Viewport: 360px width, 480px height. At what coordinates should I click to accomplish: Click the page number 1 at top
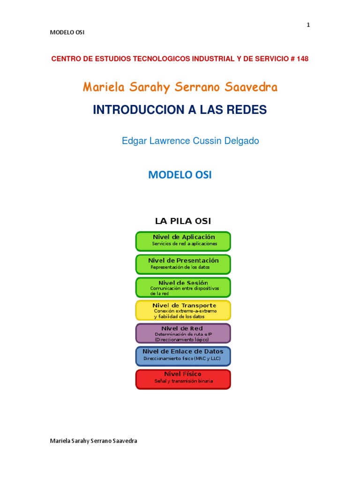tap(308, 25)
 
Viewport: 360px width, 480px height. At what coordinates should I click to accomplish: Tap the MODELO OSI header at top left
tap(67, 32)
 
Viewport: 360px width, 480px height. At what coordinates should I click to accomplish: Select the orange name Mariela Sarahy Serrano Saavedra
tap(180, 87)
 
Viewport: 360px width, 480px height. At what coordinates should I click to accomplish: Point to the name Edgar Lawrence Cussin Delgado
tap(190, 141)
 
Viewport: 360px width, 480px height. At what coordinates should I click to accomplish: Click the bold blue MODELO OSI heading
tap(180, 175)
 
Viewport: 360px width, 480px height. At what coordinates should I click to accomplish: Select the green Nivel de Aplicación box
tap(183, 241)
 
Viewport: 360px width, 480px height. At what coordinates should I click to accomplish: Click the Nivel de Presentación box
tap(183, 264)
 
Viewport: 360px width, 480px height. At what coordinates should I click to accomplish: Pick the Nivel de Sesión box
tap(183, 287)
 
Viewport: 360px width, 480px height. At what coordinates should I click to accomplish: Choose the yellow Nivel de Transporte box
tap(183, 310)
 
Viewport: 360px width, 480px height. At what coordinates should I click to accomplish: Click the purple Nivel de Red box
tap(183, 333)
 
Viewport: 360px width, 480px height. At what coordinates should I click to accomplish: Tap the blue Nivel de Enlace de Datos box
tap(183, 356)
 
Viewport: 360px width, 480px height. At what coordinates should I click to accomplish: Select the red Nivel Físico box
tap(183, 379)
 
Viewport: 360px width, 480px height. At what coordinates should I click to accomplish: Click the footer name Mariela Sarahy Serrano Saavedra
tap(93, 441)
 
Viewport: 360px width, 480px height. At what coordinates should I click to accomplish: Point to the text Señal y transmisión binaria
tap(184, 381)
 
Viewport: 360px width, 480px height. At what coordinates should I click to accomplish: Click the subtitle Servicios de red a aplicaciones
tap(185, 244)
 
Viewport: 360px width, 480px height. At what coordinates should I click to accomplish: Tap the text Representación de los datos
tap(180, 267)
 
